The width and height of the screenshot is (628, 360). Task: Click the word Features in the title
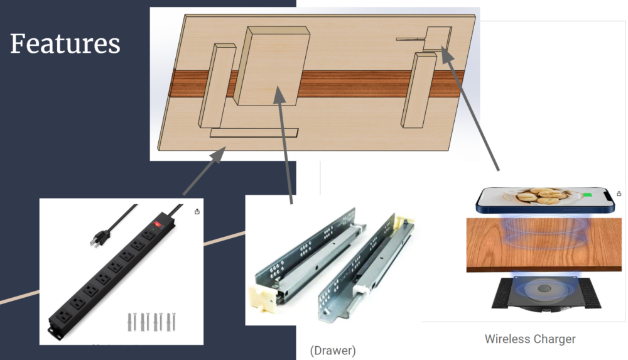tap(65, 44)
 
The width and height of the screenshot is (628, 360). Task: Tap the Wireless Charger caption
tap(530, 339)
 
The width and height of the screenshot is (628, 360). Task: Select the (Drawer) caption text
tap(333, 351)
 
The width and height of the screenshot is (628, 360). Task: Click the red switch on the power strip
tap(157, 224)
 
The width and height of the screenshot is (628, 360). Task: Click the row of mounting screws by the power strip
tap(152, 322)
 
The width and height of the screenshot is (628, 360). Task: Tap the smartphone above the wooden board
tap(545, 200)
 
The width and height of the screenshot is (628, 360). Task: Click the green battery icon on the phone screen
tap(587, 195)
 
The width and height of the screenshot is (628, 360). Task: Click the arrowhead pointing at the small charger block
tap(447, 54)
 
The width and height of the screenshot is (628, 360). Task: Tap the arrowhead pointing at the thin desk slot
tap(219, 155)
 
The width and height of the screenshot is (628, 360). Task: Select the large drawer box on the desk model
tap(273, 66)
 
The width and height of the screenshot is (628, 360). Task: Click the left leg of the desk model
tap(217, 86)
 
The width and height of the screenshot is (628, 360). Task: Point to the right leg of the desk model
tap(419, 90)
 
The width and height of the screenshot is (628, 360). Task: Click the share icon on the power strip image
tap(197, 212)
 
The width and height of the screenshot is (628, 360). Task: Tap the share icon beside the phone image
tap(619, 194)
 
